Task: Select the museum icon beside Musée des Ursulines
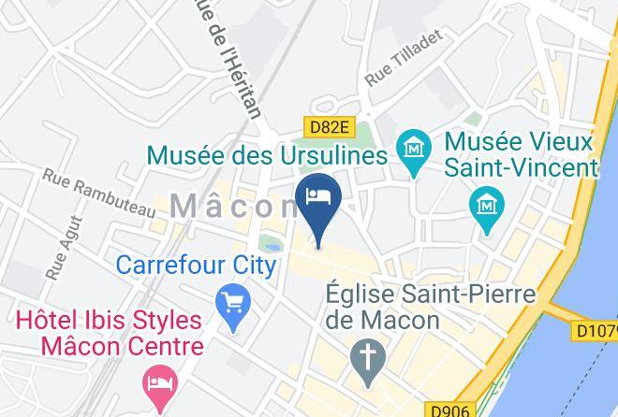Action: coord(412,148)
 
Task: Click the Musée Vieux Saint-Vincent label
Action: coord(520,155)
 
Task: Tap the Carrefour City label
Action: coord(196,265)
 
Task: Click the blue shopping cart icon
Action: coord(230,302)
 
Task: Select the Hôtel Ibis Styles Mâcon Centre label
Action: coord(109,334)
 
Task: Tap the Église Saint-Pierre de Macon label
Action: coord(430,307)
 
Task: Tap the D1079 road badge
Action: coord(595,330)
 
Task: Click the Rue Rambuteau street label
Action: coord(99,193)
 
